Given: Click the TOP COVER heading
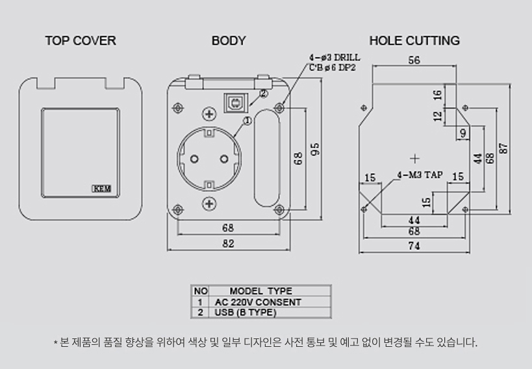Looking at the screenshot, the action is pyautogui.click(x=81, y=41).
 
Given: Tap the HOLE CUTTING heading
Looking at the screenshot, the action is pyautogui.click(x=414, y=41).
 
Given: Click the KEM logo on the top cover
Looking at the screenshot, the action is pyautogui.click(x=102, y=189).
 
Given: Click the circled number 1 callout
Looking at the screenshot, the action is pyautogui.click(x=247, y=120).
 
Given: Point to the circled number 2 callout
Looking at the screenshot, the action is pyautogui.click(x=263, y=94).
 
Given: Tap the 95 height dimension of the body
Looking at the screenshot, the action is pyautogui.click(x=315, y=149).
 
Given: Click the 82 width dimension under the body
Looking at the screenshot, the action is pyautogui.click(x=229, y=243).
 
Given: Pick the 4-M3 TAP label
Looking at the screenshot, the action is pyautogui.click(x=420, y=175).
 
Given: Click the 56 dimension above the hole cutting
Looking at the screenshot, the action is pyautogui.click(x=414, y=60).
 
